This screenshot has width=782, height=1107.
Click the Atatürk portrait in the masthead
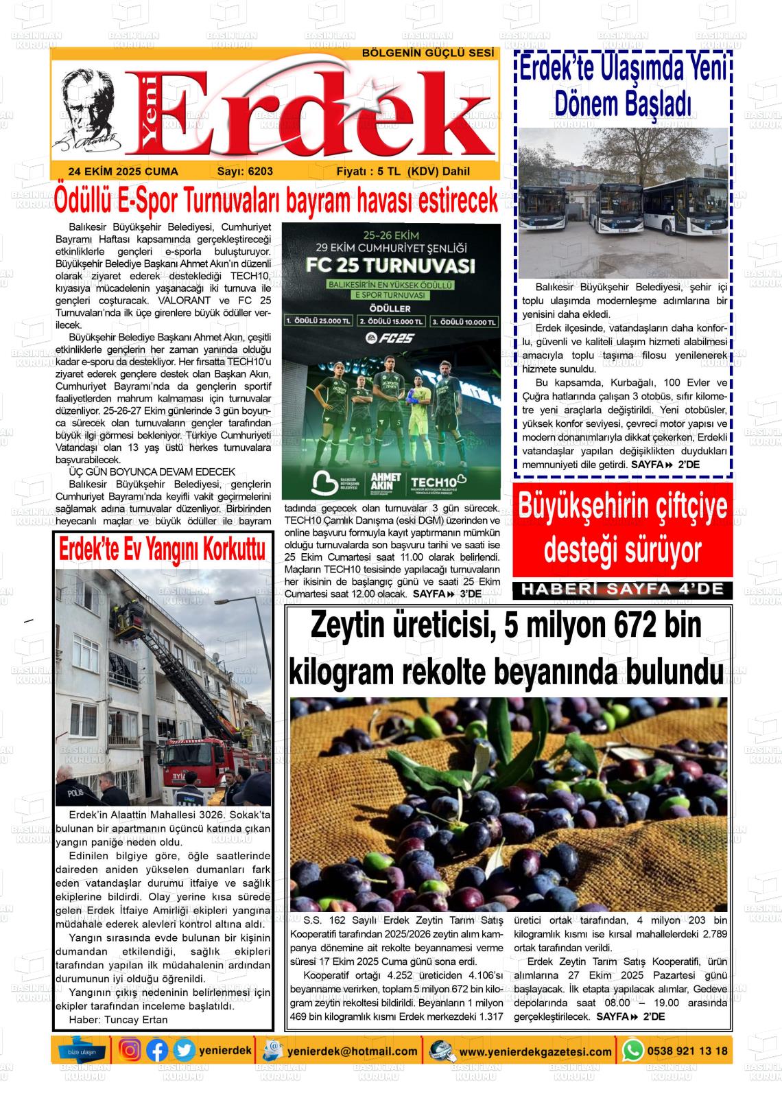pyautogui.click(x=89, y=110)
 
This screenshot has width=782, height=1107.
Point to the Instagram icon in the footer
pyautogui.click(x=130, y=1050)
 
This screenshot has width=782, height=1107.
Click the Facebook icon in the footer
pyautogui.click(x=157, y=1050)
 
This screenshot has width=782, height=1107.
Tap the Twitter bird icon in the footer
pyautogui.click(x=183, y=1050)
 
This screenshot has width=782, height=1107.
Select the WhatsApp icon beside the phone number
pyautogui.click(x=632, y=1050)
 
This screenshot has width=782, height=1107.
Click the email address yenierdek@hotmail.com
pyautogui.click(x=353, y=1051)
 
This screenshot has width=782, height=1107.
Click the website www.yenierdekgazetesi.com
pyautogui.click(x=535, y=1051)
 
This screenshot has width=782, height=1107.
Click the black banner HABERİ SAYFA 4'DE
pyautogui.click(x=623, y=589)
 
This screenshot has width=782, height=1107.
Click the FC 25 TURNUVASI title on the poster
pyautogui.click(x=392, y=266)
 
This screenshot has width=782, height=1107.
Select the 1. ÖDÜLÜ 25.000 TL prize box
pyautogui.click(x=319, y=321)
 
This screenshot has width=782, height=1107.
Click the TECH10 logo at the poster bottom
pyautogui.click(x=437, y=481)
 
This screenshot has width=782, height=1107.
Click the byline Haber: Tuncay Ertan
pyautogui.click(x=118, y=1019)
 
